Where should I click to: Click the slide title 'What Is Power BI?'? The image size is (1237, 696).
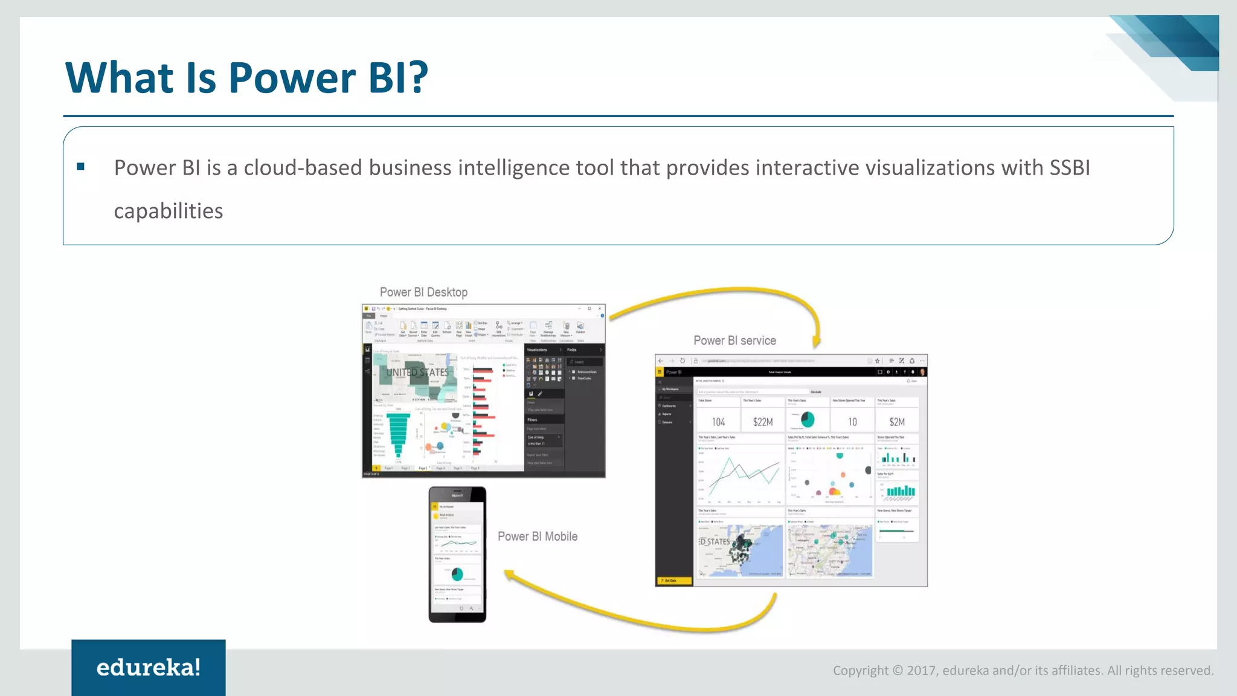point(246,78)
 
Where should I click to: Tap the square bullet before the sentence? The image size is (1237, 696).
point(80,167)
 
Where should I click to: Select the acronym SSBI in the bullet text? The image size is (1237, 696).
point(1070,168)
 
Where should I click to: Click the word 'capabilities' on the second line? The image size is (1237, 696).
point(169,211)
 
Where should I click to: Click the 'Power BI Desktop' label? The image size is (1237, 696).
point(423,292)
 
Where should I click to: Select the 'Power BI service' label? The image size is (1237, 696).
point(734,341)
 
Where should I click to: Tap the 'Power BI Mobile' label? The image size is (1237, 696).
point(537,536)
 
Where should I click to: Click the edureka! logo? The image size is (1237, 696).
point(149,668)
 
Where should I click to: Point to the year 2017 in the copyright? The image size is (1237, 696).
point(922,671)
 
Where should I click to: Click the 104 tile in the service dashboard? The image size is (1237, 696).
point(718,422)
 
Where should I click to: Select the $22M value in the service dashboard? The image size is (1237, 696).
point(763,422)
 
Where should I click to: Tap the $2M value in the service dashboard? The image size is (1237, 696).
point(897,422)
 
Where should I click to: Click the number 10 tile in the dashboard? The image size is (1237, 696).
point(852,422)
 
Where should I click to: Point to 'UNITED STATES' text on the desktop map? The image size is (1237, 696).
point(417,373)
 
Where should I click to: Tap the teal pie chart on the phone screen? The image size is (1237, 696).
point(457,573)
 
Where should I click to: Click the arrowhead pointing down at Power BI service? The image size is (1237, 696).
point(817,342)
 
